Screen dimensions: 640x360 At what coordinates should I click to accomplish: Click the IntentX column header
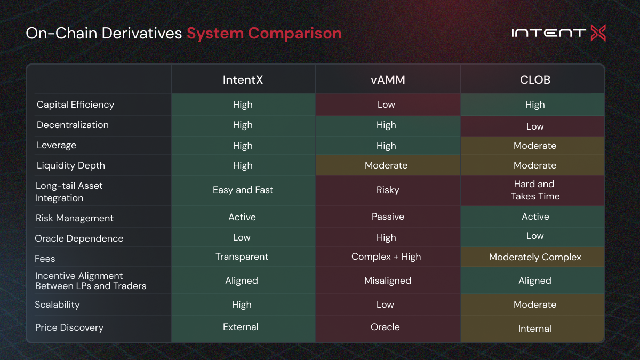[x=243, y=79]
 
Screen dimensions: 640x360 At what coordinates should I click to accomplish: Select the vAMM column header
[x=388, y=79]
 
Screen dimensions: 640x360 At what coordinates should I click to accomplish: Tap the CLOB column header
[x=535, y=79]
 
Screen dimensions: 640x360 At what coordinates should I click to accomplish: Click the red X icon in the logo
[x=598, y=33]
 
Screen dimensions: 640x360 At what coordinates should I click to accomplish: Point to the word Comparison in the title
[x=295, y=34]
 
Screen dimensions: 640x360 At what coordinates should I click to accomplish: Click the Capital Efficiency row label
[x=75, y=105]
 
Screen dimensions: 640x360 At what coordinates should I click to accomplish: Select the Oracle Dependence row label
[x=79, y=238]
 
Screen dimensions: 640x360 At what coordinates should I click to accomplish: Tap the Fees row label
[x=45, y=259]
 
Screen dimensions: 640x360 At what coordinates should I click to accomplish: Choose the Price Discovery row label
[x=69, y=327]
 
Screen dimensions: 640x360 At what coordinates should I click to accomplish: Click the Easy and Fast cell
[x=243, y=190]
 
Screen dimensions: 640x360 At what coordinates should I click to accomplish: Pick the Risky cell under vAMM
[x=388, y=190]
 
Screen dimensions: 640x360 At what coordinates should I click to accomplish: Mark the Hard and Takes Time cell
[x=535, y=190]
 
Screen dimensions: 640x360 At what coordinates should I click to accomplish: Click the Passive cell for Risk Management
[x=388, y=217]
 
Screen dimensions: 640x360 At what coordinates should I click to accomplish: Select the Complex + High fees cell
[x=386, y=257]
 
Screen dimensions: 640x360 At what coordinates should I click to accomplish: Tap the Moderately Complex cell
[x=535, y=257]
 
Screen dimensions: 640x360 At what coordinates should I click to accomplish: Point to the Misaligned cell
[x=388, y=281]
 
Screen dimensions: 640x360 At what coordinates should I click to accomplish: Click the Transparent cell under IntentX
[x=242, y=257]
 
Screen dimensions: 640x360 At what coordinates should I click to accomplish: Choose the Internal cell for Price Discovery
[x=535, y=329]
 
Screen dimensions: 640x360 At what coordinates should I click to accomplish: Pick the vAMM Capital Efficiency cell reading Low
[x=386, y=105]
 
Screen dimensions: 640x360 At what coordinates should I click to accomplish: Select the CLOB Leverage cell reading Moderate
[x=535, y=146]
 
